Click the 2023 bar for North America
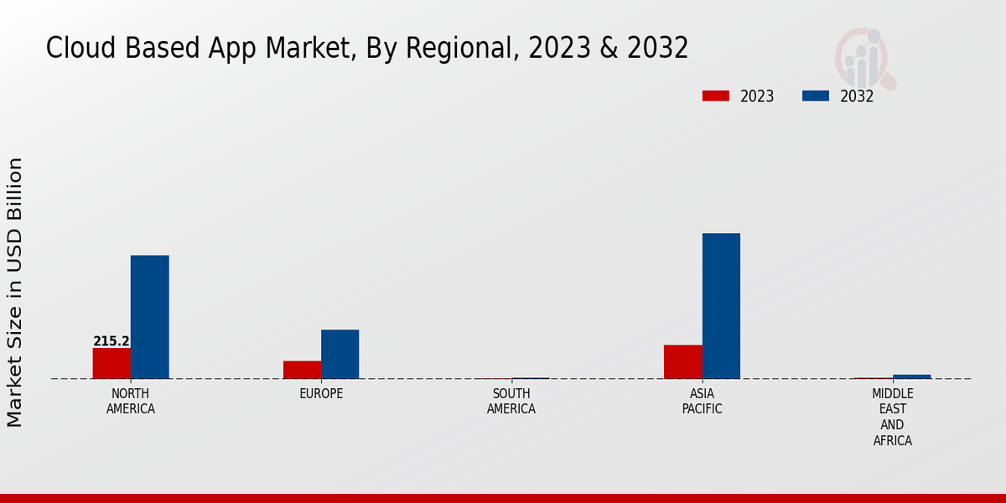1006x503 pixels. [111, 363]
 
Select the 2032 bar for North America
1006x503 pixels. [149, 317]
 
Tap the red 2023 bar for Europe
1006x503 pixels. [302, 370]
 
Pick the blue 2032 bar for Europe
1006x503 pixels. [340, 354]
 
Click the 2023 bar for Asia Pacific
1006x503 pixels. [682, 361]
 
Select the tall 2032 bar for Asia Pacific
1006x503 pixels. [721, 306]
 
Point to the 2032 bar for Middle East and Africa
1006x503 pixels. [911, 376]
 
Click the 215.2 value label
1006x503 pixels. [111, 341]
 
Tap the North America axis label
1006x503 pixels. [131, 402]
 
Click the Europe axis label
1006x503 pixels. [321, 394]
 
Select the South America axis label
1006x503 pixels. [511, 402]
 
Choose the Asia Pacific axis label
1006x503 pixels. [702, 402]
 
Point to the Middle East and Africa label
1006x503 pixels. [892, 417]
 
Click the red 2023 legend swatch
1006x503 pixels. [715, 96]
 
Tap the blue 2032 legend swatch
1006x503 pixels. [815, 96]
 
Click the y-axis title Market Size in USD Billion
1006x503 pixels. [15, 292]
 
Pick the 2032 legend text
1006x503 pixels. [857, 96]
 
